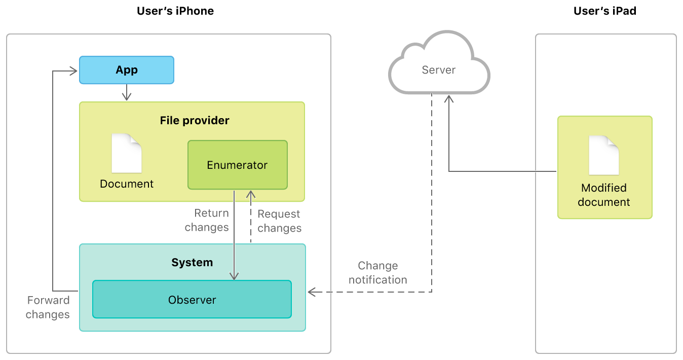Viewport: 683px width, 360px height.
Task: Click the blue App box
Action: (x=127, y=70)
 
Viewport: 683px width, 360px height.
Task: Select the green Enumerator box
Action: (x=237, y=165)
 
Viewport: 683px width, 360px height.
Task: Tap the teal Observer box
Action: (x=192, y=300)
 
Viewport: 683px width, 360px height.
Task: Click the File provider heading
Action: (x=195, y=121)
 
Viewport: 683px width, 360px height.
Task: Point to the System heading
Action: (x=192, y=263)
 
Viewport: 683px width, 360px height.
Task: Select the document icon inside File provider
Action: (x=127, y=153)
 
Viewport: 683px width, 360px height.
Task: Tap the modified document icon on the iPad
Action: (x=604, y=155)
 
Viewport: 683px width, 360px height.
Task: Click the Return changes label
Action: (x=207, y=220)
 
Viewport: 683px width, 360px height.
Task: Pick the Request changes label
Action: (x=279, y=221)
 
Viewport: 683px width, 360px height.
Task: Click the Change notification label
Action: (x=378, y=273)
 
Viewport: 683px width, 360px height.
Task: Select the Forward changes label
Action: (x=48, y=307)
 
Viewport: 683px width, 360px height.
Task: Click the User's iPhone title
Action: (x=175, y=11)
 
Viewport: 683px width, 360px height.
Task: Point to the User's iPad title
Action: (x=605, y=11)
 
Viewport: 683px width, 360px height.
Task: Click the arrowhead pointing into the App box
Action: (x=74, y=71)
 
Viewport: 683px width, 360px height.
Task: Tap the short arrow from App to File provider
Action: (x=127, y=93)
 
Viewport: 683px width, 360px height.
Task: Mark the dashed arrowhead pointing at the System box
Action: (x=312, y=292)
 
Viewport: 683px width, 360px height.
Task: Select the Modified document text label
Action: (x=604, y=195)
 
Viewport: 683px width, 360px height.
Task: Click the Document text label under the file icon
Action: (x=127, y=184)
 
